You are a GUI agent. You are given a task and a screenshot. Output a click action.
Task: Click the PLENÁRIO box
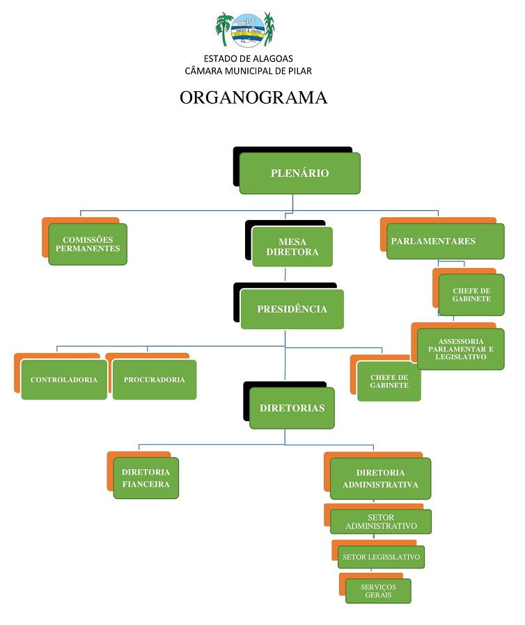point(299,173)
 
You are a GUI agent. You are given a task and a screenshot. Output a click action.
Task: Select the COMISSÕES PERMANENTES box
point(88,244)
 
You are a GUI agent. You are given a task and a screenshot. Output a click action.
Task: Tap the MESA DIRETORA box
point(292,246)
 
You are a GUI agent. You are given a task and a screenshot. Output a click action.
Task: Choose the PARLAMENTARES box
point(445,242)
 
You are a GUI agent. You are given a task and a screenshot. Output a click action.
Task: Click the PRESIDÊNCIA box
point(292,310)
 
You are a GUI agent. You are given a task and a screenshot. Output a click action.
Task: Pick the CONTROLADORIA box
point(64,380)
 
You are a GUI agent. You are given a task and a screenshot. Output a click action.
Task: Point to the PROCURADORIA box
point(155,380)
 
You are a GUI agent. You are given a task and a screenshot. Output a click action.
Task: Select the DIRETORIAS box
point(292,409)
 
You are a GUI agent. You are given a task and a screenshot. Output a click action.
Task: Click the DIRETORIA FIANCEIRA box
point(146,478)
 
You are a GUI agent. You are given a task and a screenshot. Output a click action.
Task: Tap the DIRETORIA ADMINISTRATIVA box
point(380,479)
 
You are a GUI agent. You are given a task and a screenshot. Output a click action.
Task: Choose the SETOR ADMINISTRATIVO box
point(380,522)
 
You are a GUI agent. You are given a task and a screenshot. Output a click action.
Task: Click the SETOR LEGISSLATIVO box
point(381,557)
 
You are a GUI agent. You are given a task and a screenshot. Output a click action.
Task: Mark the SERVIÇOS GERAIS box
point(378,592)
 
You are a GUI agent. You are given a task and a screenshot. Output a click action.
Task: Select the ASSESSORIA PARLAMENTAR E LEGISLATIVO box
point(461,349)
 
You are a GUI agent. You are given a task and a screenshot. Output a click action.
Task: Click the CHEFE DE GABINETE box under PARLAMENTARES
point(471,295)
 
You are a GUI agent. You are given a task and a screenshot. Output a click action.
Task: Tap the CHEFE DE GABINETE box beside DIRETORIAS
point(389,381)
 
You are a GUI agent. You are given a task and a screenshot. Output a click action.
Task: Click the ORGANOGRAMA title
point(253,98)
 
